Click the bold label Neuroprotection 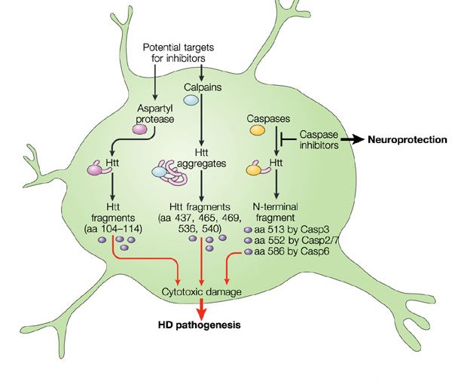point(407,139)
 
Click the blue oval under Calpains point(192,99)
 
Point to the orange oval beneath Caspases point(257,130)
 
